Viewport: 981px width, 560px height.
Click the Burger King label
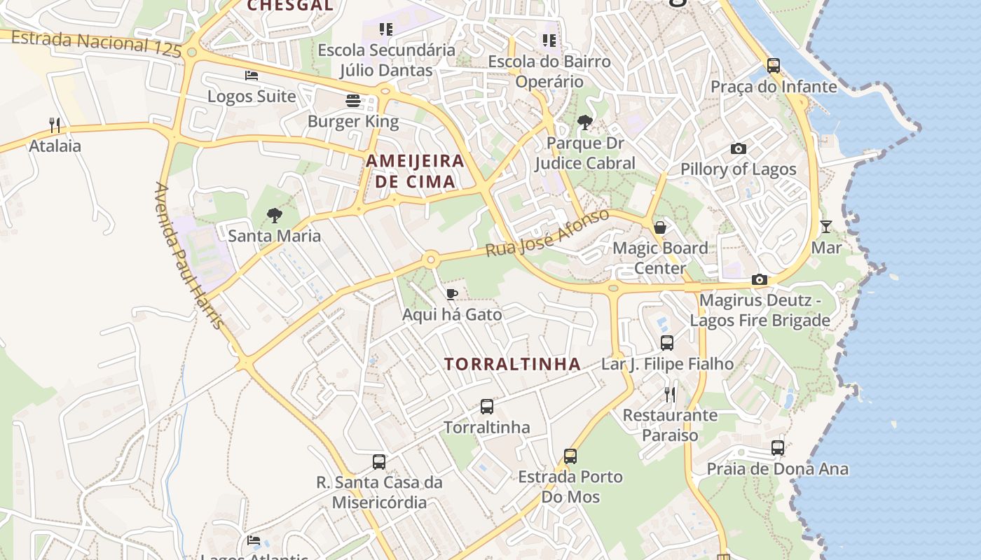tap(353, 121)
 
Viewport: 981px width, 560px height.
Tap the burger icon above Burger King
tap(353, 101)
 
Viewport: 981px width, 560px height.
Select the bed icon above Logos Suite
tap(252, 76)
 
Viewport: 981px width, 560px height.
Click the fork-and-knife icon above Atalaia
tap(55, 125)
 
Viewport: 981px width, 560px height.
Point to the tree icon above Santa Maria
tap(275, 216)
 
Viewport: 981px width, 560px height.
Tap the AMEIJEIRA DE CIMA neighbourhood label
tap(415, 171)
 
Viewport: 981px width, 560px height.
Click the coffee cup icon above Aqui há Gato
tap(452, 294)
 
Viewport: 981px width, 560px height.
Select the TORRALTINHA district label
tap(512, 364)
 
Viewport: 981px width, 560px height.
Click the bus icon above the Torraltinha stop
tap(486, 407)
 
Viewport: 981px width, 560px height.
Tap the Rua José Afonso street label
tap(547, 233)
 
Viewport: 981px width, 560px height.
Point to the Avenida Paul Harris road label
tap(190, 256)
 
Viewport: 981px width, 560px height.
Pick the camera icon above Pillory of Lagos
tap(738, 148)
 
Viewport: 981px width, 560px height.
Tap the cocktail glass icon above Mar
tap(826, 227)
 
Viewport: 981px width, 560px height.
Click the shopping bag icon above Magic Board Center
tap(660, 227)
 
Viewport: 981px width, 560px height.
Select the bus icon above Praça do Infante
tap(774, 66)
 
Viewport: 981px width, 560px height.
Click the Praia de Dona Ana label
tap(777, 469)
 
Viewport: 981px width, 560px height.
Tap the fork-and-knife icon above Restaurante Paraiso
tap(670, 394)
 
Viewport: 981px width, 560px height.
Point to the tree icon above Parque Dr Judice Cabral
tap(584, 123)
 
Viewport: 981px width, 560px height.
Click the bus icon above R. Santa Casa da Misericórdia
tap(379, 462)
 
